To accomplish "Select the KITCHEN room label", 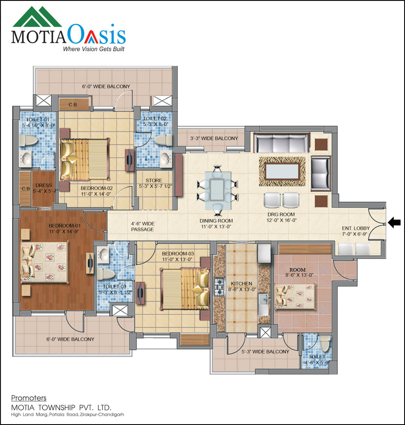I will (x=241, y=283).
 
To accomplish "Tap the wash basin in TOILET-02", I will (x=166, y=159).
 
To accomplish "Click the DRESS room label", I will (x=44, y=185).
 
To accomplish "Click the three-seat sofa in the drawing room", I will (x=281, y=143).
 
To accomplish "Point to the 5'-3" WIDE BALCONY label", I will (x=265, y=351).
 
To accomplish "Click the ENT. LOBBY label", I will (x=356, y=228).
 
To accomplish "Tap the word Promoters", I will (x=28, y=398).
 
